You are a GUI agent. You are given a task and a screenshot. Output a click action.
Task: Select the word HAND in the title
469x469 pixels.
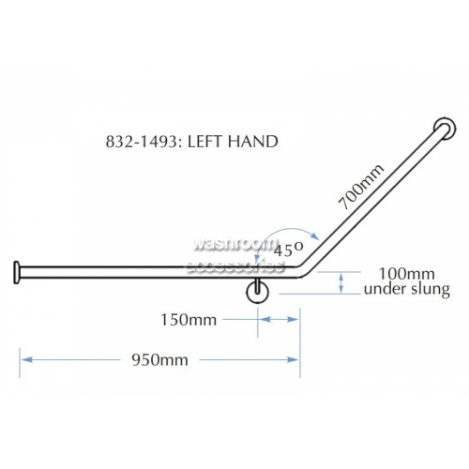252,142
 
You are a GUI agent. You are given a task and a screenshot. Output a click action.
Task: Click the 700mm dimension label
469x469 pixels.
361,187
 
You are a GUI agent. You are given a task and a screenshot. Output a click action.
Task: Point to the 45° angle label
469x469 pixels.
288,250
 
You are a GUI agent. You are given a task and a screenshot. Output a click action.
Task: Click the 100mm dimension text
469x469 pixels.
407,274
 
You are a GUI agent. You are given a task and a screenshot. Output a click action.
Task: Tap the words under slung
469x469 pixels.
407,289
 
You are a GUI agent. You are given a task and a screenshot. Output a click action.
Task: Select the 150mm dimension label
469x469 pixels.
189,320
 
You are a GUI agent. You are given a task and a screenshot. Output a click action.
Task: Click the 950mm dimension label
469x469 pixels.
159,360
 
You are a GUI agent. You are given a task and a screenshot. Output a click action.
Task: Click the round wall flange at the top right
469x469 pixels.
445,129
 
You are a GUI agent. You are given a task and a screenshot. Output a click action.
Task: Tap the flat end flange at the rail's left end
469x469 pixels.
17,273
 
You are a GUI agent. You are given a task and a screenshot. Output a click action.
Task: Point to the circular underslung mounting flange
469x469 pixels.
257,293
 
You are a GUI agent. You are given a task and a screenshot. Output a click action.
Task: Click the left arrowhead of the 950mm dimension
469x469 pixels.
26,360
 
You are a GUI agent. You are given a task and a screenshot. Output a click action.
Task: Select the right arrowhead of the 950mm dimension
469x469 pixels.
294,360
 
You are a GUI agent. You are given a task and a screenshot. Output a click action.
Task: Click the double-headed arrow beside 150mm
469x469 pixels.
279,320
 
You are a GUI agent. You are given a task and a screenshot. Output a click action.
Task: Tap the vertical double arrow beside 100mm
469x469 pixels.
341,283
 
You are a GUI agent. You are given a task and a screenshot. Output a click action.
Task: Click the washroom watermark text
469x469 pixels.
233,244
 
